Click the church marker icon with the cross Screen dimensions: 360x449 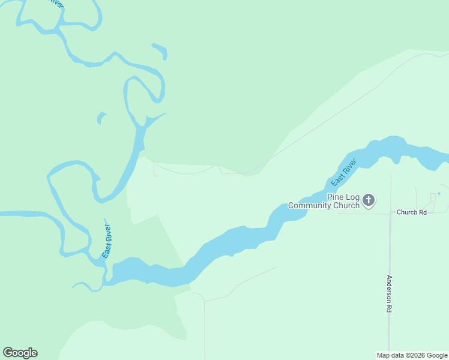[x=369, y=200]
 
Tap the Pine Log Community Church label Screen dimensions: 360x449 [x=324, y=201]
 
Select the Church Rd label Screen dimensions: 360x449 [x=411, y=212]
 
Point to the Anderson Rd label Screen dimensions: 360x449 [x=389, y=293]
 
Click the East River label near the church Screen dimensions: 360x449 [x=344, y=172]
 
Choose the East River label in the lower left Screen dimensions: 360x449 [x=107, y=241]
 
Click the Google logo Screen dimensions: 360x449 [x=20, y=353]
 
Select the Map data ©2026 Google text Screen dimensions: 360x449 [x=412, y=355]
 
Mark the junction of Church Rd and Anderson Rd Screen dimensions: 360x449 [x=390, y=212]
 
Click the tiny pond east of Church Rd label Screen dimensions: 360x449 [x=439, y=193]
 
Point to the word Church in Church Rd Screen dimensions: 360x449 [x=406, y=212]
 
